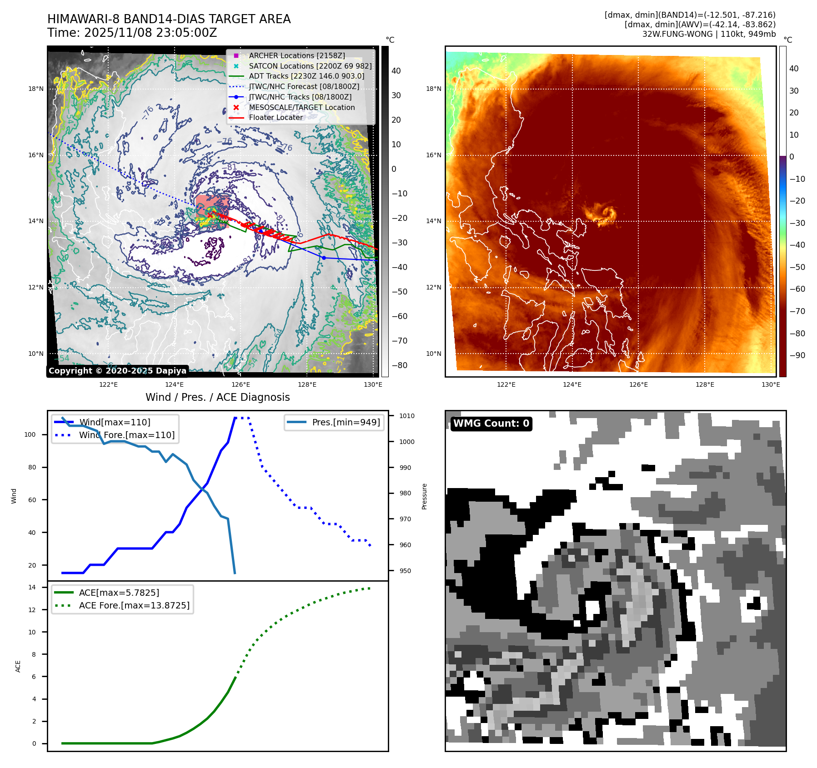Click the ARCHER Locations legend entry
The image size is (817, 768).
[296, 55]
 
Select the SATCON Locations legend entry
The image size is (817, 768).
[310, 66]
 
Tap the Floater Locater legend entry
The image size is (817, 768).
[276, 117]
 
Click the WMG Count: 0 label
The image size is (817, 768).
[491, 424]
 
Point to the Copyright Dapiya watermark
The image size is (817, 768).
[117, 371]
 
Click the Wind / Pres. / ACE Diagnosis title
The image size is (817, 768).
[217, 397]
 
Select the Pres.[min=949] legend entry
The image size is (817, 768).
[346, 422]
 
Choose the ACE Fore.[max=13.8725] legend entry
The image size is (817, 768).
[134, 605]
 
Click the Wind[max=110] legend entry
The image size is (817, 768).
[115, 422]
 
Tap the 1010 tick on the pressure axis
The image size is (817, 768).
[406, 416]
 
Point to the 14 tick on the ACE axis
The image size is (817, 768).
[32, 587]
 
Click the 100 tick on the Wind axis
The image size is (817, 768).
[30, 434]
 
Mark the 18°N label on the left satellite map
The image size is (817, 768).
[36, 89]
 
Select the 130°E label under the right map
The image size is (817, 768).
[771, 384]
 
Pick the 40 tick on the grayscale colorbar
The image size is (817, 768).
[396, 71]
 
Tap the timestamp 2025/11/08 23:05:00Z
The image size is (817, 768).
[150, 33]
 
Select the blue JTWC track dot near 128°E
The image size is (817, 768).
[324, 258]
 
